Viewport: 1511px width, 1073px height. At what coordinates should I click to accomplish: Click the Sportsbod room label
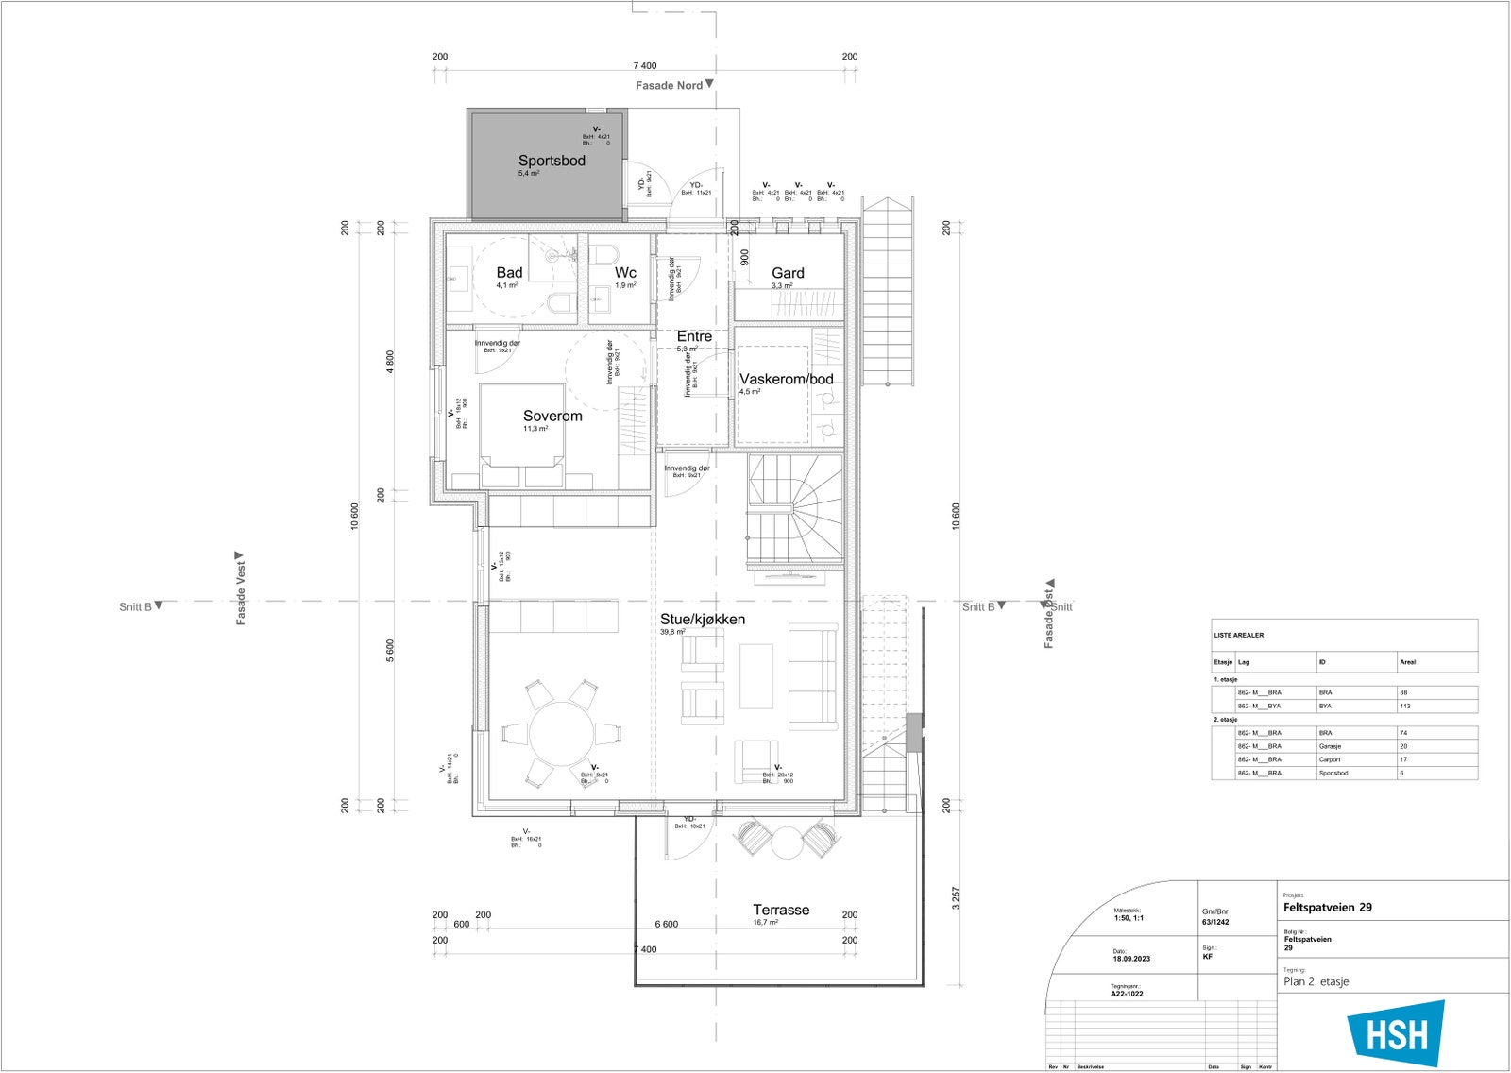click(552, 161)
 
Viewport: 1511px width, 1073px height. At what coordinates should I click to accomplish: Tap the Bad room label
click(509, 272)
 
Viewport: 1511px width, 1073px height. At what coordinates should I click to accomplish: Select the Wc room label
click(625, 272)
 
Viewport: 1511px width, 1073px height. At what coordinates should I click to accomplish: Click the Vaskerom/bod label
click(786, 379)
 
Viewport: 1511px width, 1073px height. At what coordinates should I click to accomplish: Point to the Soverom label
click(552, 416)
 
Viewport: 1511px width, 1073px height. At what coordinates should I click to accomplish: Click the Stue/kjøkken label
click(702, 620)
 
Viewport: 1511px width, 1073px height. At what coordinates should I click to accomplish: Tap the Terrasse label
click(780, 910)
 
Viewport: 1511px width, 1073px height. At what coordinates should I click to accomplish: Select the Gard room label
click(788, 273)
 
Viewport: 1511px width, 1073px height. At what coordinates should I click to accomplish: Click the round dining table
click(561, 733)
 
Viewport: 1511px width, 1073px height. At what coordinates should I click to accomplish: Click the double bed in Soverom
click(522, 434)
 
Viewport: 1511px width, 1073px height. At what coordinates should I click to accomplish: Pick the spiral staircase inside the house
click(795, 510)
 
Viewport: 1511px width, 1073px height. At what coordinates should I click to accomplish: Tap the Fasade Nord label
click(669, 86)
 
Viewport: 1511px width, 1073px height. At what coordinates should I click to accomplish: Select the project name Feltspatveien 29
click(1327, 907)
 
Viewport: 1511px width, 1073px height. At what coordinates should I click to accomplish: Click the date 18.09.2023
click(1131, 959)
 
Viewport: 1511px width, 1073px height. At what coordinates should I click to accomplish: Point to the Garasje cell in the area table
click(1330, 746)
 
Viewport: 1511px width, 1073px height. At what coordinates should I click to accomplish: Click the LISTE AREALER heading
click(1238, 635)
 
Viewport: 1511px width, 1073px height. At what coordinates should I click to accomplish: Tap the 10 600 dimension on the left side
click(354, 516)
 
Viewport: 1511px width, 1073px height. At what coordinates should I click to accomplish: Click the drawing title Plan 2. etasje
click(1316, 981)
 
